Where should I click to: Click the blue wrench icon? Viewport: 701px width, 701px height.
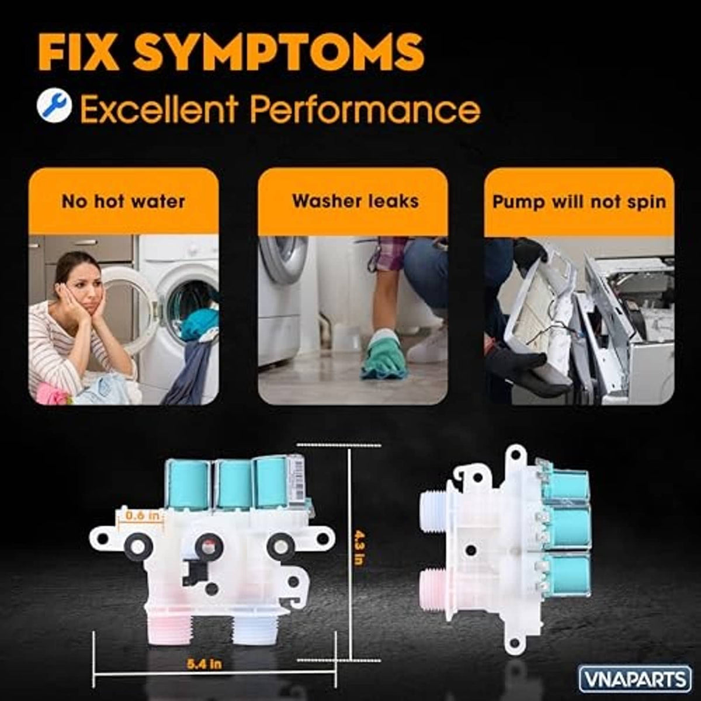coord(54,106)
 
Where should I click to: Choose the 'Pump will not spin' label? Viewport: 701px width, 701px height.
coord(579,202)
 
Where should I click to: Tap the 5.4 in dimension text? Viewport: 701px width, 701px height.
coord(205,664)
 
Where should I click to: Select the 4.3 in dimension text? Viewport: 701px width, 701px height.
coord(359,547)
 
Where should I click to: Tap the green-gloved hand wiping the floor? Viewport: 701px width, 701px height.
coord(379,353)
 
